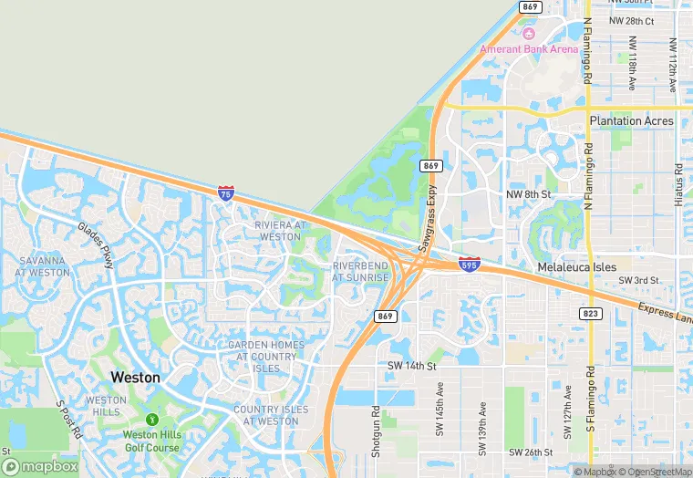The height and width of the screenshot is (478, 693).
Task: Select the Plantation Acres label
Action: click(x=631, y=120)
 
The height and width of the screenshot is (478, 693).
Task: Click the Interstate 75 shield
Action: click(x=226, y=192)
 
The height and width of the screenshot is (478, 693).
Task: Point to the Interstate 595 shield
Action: click(x=469, y=263)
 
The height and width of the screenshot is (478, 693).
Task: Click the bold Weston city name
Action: click(x=135, y=377)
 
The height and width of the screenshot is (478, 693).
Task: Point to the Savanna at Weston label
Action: click(x=43, y=266)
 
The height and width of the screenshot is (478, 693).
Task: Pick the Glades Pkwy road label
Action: click(x=95, y=245)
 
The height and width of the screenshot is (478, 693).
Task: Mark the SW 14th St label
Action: click(x=413, y=366)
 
